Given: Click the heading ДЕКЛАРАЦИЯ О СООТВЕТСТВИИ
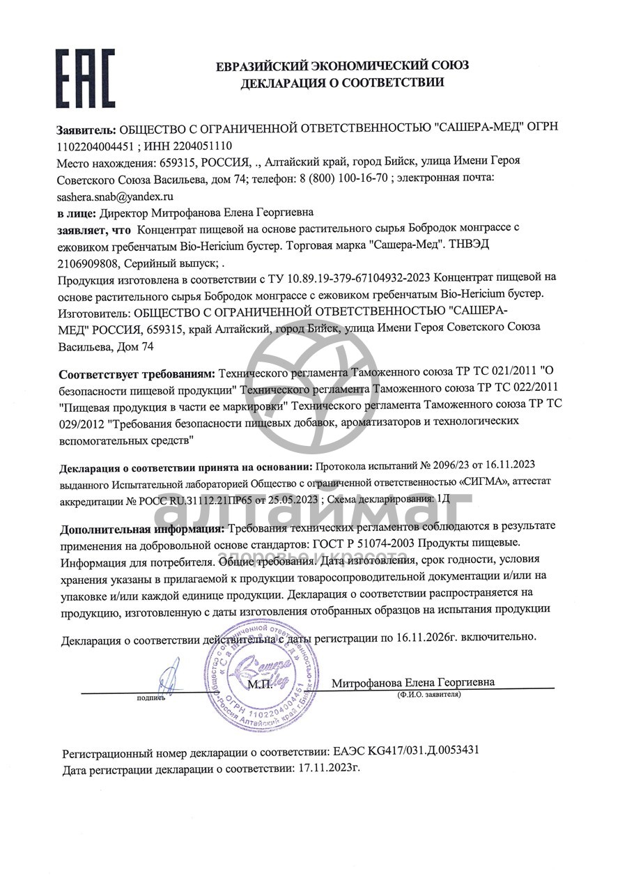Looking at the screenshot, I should [x=342, y=83].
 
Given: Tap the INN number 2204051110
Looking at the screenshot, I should [x=198, y=146].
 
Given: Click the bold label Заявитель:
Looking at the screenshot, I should [x=87, y=129].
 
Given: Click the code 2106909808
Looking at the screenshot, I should [x=87, y=263].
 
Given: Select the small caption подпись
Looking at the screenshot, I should [x=150, y=696].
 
